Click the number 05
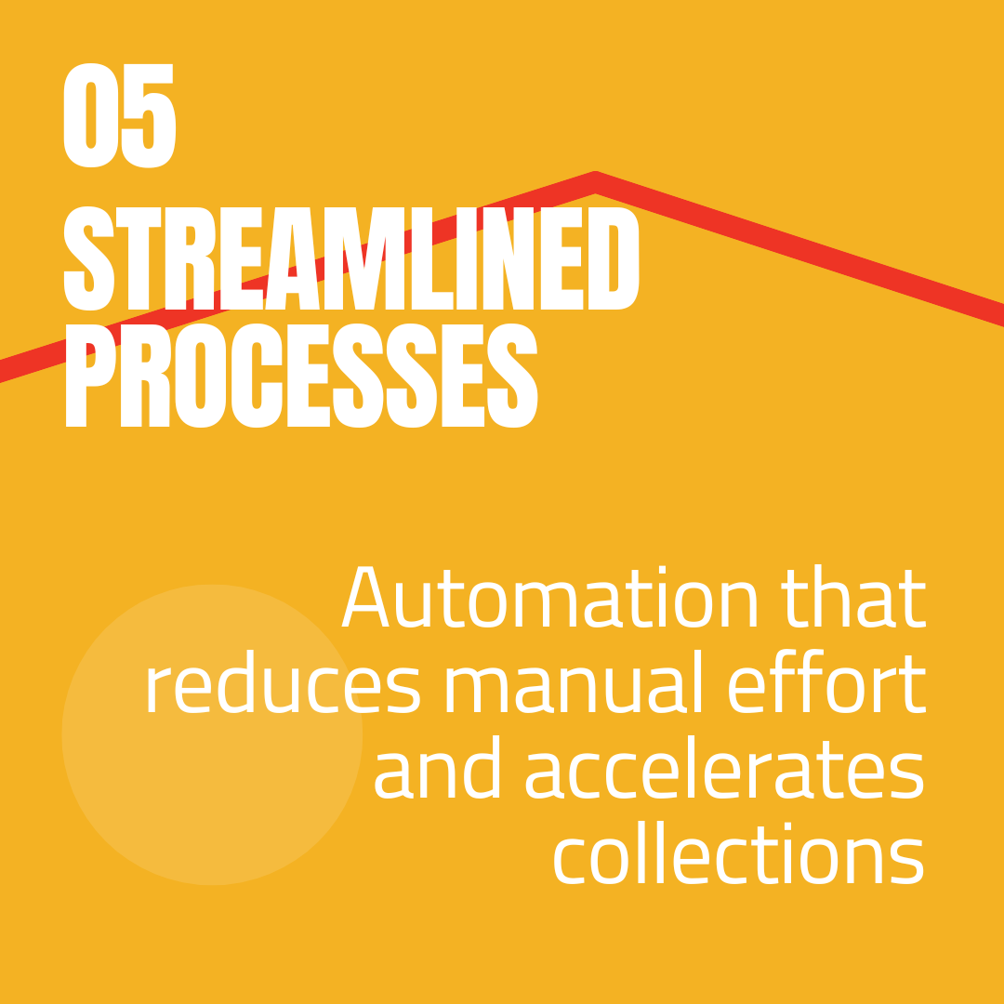pos(118,116)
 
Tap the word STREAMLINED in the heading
pos(351,259)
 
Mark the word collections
pos(739,855)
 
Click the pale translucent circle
pos(212,734)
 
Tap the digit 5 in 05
pos(148,116)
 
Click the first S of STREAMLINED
pos(89,259)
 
